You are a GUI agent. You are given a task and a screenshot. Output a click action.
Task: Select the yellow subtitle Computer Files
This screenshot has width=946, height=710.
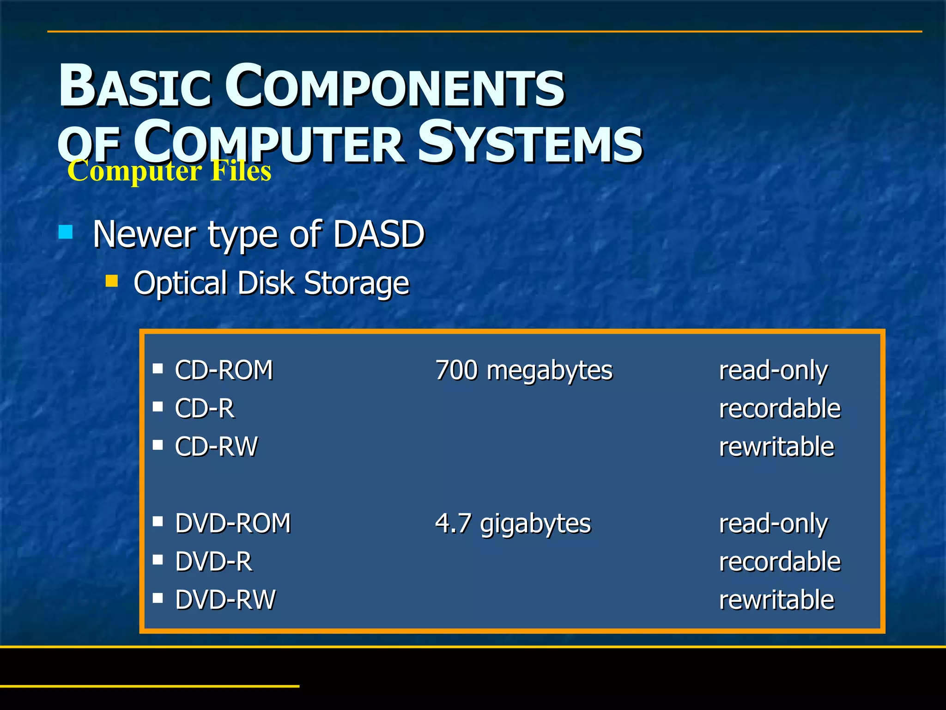169,171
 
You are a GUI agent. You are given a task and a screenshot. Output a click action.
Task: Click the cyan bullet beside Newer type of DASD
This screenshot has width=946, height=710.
66,232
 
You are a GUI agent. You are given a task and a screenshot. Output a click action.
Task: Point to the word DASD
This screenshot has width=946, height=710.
378,234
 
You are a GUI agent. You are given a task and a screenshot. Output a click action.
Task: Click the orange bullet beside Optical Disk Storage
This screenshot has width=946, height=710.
111,281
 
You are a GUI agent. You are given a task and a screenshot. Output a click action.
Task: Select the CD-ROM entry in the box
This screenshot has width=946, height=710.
224,370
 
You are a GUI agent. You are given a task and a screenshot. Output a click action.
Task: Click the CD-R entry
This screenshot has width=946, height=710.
205,409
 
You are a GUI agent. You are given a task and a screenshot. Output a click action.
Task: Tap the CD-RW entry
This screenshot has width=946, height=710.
216,447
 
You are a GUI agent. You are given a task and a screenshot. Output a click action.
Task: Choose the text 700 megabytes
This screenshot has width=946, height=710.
524,371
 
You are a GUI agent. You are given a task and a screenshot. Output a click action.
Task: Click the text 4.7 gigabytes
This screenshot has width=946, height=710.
513,524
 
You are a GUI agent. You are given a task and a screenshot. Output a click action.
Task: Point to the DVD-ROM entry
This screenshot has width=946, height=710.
233,524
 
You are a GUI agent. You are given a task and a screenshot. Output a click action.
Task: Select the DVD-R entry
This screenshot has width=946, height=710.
213,562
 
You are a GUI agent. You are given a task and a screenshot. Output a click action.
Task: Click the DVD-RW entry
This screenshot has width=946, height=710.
225,600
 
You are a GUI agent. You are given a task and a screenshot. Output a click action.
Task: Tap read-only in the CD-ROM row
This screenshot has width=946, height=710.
773,371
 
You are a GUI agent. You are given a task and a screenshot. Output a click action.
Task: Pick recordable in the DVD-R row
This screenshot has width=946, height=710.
780,562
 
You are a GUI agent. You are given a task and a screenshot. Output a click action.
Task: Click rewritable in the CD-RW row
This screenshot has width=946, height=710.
776,447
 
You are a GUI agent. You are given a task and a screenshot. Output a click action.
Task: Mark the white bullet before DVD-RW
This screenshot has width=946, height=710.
158,598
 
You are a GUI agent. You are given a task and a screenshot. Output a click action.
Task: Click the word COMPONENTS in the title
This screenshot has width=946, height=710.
395,87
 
